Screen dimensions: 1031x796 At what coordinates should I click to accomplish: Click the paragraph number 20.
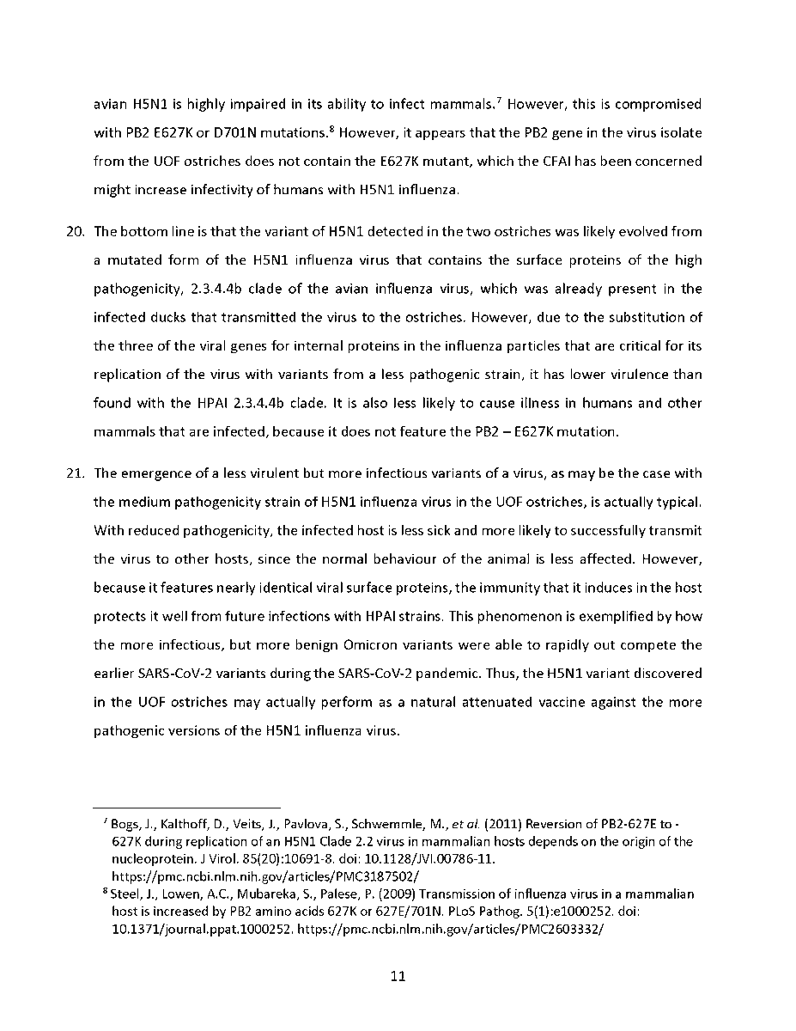(76, 232)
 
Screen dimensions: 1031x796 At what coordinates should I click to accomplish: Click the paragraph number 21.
(76, 473)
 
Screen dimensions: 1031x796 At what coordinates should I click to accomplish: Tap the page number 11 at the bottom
(398, 976)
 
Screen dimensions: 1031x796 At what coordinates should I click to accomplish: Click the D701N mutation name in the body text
(296, 132)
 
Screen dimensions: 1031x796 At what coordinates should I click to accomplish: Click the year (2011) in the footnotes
(500, 824)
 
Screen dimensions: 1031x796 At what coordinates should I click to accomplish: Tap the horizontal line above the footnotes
(187, 808)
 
